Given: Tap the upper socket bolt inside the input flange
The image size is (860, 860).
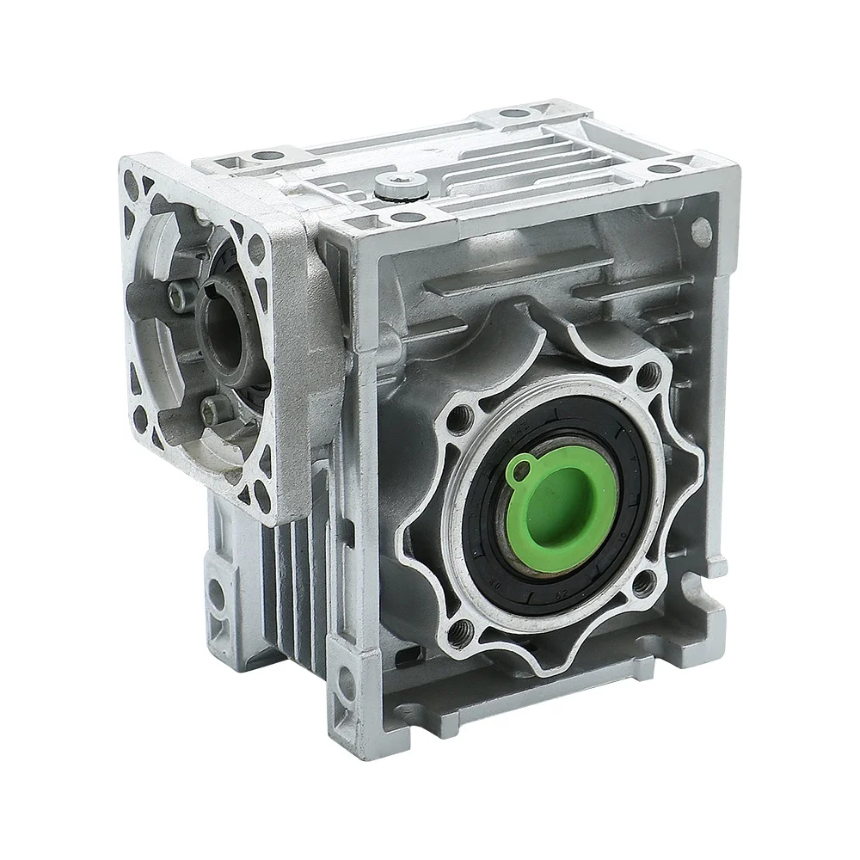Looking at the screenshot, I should pyautogui.click(x=178, y=298).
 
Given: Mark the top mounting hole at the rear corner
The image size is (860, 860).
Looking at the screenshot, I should pyautogui.click(x=514, y=113).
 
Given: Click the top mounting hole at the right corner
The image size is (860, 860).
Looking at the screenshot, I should pyautogui.click(x=665, y=167).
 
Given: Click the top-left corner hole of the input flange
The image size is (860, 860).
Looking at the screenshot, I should pyautogui.click(x=131, y=181).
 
